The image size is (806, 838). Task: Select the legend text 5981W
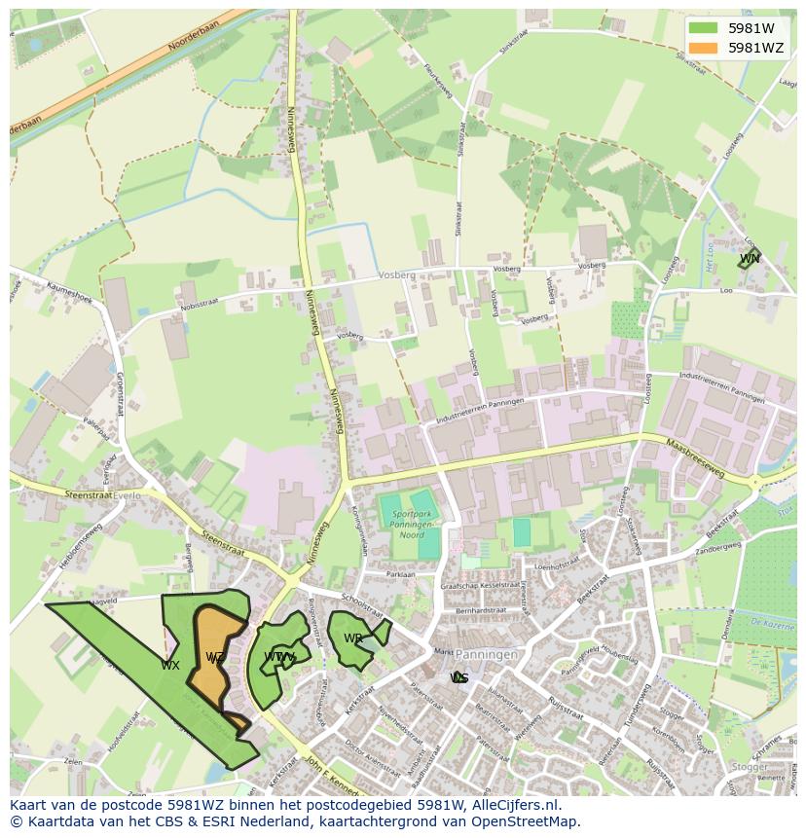tap(751, 28)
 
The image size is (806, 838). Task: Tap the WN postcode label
tap(749, 259)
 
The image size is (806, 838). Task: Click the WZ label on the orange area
tap(215, 658)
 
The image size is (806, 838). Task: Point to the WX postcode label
tap(170, 666)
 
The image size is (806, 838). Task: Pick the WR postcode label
tap(352, 638)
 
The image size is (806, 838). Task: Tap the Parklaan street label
tap(400, 574)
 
